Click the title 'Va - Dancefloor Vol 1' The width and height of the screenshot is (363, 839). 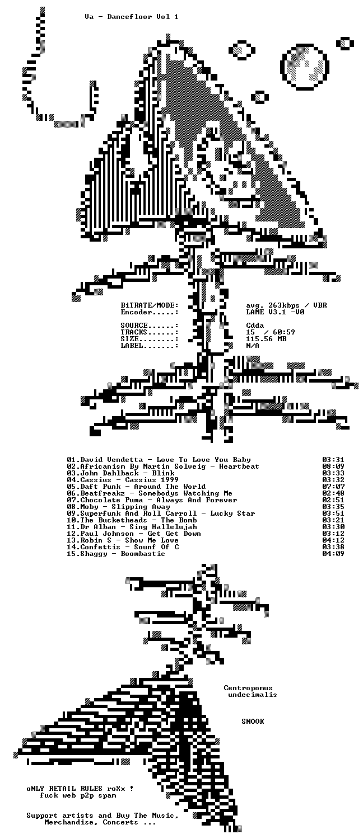(131, 17)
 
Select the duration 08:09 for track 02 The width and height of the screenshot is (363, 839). (333, 466)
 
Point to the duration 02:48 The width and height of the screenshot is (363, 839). (333, 493)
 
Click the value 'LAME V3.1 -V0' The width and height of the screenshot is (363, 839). (275, 312)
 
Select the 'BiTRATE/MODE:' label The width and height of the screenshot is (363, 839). (150, 305)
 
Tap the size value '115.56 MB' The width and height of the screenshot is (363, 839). (266, 339)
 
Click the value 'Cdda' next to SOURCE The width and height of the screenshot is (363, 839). (255, 326)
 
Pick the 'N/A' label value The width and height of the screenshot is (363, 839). (253, 346)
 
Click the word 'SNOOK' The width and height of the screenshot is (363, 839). (253, 722)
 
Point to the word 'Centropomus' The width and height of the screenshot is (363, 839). (248, 687)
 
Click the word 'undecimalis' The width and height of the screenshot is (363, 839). (253, 695)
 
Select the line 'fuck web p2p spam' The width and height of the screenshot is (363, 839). (78, 795)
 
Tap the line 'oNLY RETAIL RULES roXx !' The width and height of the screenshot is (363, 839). (80, 789)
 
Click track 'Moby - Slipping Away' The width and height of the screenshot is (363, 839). (125, 507)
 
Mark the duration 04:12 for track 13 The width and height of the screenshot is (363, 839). (333, 540)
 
